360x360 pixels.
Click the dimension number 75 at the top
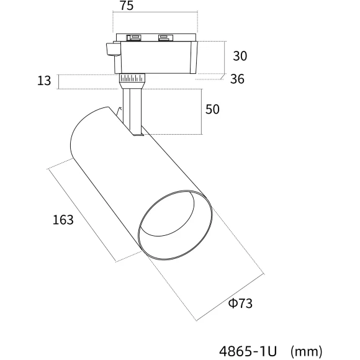click(127, 6)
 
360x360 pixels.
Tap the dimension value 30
click(240, 56)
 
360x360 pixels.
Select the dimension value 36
click(237, 79)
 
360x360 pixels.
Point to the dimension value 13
click(44, 81)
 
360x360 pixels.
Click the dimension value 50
click(212, 109)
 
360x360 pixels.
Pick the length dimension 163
click(63, 220)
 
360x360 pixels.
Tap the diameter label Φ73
click(240, 304)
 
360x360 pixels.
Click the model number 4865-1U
click(248, 351)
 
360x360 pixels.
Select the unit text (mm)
click(306, 351)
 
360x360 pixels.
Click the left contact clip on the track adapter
click(134, 37)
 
